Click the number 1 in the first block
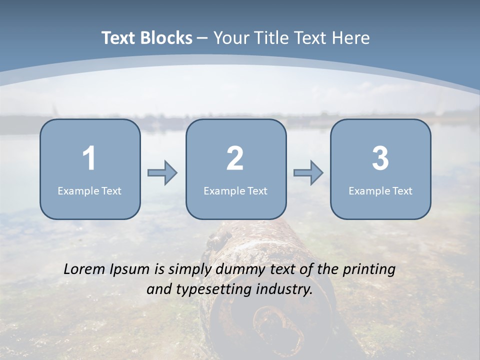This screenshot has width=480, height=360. coord(89,158)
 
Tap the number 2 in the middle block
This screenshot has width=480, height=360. coord(235,158)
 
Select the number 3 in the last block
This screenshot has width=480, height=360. coord(380,158)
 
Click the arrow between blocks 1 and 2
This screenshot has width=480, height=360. coord(162,173)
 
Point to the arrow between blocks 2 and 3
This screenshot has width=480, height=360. coord(308,173)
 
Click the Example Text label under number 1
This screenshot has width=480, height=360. coord(89,190)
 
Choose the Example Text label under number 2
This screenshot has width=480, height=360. coord(235,190)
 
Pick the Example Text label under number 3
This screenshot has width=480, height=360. coord(380,190)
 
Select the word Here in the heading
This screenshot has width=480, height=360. coord(352,38)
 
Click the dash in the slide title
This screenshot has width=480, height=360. coord(202,38)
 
